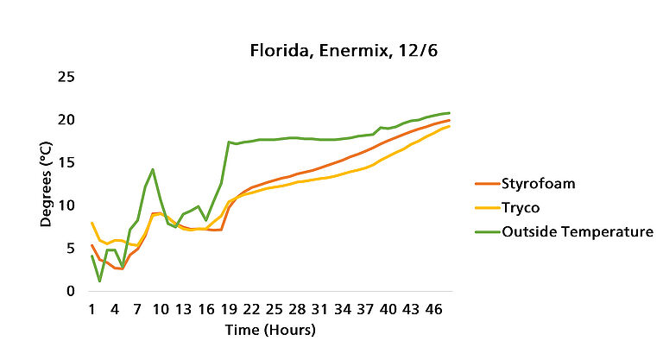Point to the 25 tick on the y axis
point(65,77)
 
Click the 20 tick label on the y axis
point(65,119)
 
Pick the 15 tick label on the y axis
point(65,162)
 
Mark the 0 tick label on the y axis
point(69,291)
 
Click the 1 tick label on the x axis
point(92,308)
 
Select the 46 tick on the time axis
point(434,308)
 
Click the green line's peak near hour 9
point(153,169)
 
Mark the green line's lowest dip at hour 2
point(99,281)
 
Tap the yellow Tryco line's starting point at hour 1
point(92,223)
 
